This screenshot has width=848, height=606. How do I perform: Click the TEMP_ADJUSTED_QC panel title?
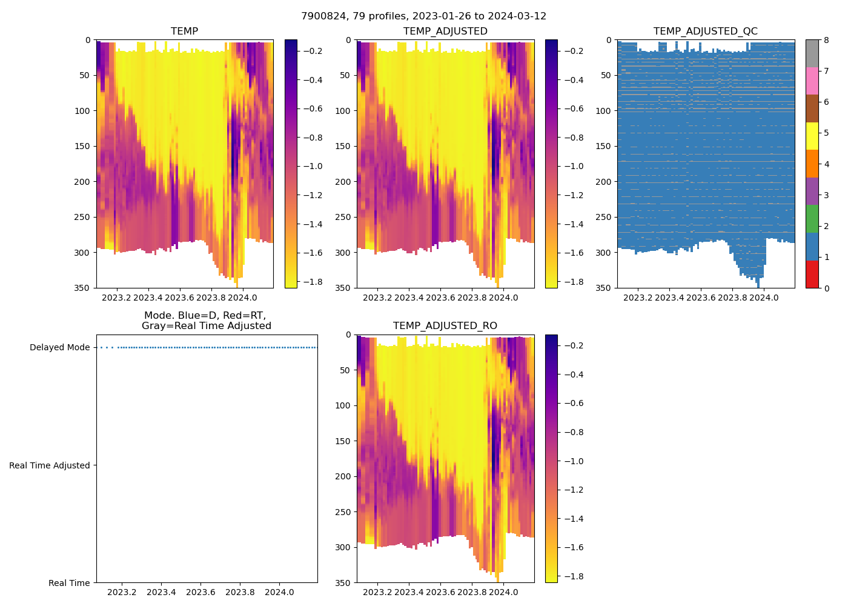coord(705,32)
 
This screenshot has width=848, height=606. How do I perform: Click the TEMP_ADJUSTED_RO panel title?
coord(445,326)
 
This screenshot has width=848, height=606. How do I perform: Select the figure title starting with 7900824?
coord(423,16)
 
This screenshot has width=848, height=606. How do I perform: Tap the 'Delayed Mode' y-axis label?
coord(59,348)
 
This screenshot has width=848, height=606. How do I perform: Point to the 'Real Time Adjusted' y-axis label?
coord(50,465)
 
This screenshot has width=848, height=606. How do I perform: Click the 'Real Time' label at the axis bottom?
coord(69,583)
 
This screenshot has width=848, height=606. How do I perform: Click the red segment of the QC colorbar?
coord(812,274)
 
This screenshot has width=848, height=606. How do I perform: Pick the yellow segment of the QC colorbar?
coord(812,136)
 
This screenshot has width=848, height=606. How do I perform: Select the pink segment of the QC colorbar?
coord(812,81)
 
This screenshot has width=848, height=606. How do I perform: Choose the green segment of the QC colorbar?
coord(812,219)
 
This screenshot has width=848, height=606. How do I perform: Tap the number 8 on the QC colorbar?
coord(827,41)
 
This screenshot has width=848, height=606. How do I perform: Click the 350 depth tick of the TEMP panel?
coord(83,288)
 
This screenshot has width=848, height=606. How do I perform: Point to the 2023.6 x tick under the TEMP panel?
coord(180,298)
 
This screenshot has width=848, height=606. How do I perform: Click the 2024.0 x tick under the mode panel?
coord(279,592)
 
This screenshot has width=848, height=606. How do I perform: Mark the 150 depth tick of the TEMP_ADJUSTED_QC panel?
coord(604,146)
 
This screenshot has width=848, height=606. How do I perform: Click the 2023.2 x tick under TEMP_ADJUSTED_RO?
coord(377,592)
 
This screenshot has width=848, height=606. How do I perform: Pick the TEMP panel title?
coord(184,32)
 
